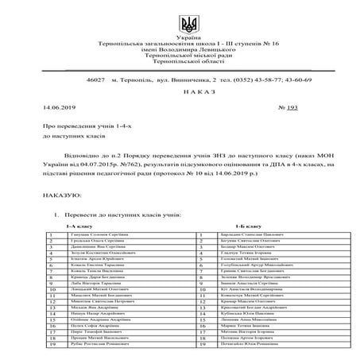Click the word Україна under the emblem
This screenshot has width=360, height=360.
(180, 38)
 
